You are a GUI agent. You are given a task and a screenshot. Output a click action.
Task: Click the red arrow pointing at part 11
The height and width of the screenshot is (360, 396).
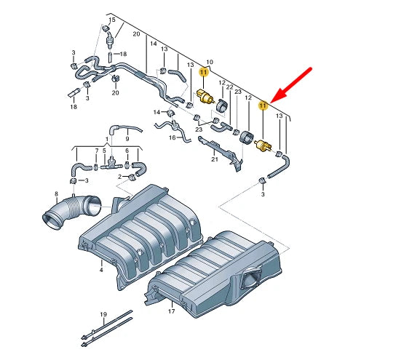pos(291,85)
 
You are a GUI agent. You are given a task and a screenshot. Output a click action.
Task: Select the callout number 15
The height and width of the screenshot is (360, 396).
pos(112,20)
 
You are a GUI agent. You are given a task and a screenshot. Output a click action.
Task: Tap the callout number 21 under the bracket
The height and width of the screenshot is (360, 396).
pos(215,159)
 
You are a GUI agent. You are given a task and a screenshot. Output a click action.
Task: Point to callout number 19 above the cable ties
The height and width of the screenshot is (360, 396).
pos(103,314)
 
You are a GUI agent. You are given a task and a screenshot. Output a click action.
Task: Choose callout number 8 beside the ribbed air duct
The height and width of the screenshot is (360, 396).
pos(56,193)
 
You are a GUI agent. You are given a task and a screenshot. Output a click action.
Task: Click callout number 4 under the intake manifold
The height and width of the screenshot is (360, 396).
pos(101,270)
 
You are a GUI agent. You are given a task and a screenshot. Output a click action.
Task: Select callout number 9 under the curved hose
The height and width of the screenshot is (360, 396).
pos(127,139)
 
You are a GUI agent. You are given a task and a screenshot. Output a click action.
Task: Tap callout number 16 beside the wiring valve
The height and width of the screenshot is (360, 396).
pos(173,137)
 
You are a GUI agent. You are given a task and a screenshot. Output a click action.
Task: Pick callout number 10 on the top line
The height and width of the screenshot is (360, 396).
pos(210,62)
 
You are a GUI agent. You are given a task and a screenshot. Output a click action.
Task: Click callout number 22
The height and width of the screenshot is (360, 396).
pos(229,87)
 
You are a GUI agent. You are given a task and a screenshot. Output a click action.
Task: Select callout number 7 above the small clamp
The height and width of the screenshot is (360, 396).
pos(97,151)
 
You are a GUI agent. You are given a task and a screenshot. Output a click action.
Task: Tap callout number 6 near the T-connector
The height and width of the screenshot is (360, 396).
pos(127,151)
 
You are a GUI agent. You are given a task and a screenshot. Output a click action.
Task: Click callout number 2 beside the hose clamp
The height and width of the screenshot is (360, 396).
pos(120,177)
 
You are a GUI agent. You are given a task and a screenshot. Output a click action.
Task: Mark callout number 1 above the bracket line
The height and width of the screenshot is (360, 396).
pos(107,139)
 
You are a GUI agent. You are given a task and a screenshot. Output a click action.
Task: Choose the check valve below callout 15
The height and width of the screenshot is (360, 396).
pos(111,41)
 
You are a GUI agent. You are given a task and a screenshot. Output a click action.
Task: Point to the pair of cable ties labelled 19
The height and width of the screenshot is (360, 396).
pos(107,329)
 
